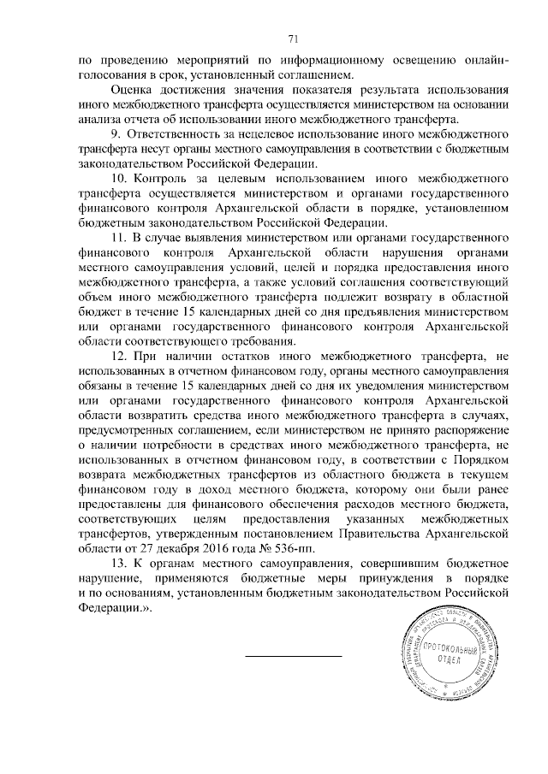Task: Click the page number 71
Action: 293,38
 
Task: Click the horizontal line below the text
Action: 293,657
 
